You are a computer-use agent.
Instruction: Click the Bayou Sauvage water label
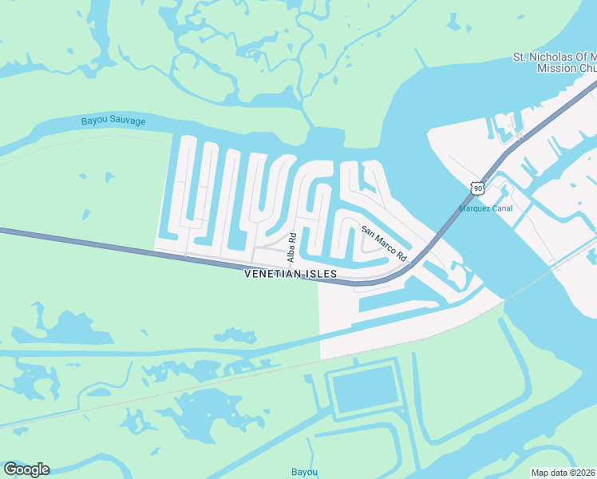tap(113, 121)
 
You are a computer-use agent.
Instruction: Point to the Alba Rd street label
tap(292, 247)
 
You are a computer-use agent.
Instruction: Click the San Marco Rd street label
tap(385, 243)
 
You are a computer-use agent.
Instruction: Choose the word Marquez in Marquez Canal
tap(476, 209)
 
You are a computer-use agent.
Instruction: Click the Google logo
tap(26, 469)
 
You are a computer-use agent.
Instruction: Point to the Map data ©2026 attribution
tap(563, 472)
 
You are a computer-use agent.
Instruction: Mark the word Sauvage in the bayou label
tap(130, 121)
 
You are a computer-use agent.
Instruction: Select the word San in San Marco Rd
tap(368, 231)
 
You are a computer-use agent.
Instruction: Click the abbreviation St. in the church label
tap(519, 57)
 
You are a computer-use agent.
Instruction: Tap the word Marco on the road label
tap(385, 243)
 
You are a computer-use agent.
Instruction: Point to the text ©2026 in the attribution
tap(579, 472)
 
